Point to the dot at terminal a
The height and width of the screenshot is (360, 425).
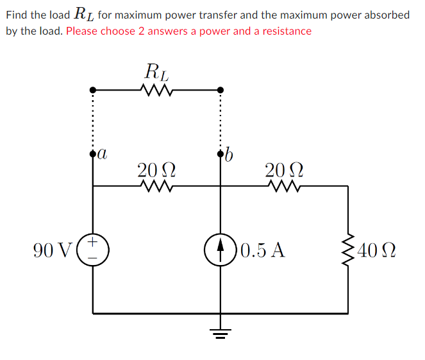point(93,154)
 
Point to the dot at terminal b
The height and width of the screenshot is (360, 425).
point(221,154)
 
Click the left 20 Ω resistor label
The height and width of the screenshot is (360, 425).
point(156,170)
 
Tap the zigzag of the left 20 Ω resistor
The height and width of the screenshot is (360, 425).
point(156,187)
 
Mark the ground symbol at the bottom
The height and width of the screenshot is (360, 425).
point(221,332)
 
